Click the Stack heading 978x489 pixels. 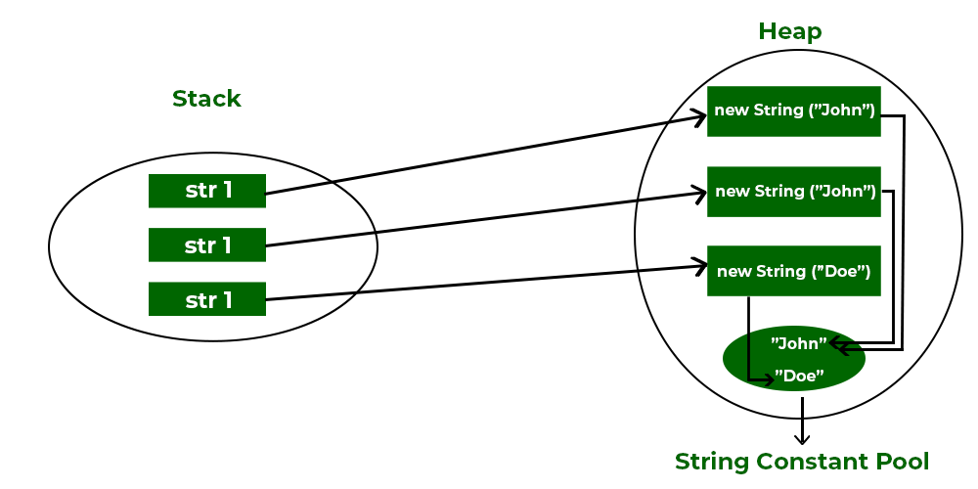(x=206, y=99)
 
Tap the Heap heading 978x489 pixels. (x=790, y=31)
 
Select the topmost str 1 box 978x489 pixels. (x=207, y=191)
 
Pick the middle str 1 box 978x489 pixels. (x=207, y=245)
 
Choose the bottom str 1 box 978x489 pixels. (x=207, y=299)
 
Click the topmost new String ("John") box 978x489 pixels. (x=794, y=111)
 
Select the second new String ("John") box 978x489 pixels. (x=794, y=191)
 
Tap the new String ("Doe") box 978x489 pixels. (x=794, y=271)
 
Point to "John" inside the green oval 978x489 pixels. (x=799, y=343)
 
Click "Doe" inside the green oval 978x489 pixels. (x=799, y=375)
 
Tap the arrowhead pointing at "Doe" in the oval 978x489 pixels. (x=768, y=378)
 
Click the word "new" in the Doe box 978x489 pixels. (x=733, y=271)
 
